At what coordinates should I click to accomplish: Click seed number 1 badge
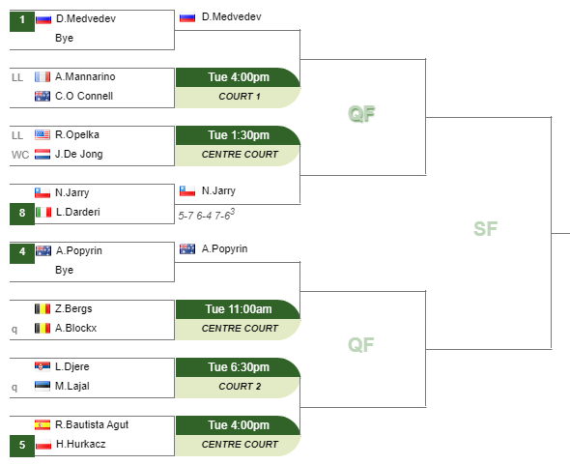[x=22, y=21]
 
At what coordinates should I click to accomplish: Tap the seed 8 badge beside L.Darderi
[x=22, y=215]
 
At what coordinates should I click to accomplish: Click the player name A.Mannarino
[x=85, y=76]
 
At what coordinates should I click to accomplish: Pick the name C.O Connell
[x=84, y=96]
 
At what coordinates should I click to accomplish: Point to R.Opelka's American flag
[x=43, y=134]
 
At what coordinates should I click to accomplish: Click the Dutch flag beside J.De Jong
[x=43, y=155]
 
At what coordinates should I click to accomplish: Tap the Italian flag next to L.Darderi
[x=43, y=212]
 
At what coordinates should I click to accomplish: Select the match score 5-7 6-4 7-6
[x=207, y=215]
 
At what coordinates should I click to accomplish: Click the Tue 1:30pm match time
[x=239, y=135]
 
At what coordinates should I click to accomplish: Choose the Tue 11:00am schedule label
[x=239, y=309]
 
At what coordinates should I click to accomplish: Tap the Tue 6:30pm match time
[x=239, y=367]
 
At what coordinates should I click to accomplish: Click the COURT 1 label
[x=240, y=97]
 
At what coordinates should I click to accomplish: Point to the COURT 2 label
[x=240, y=387]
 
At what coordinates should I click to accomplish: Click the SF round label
[x=485, y=229]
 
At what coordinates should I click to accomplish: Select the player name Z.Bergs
[x=73, y=309]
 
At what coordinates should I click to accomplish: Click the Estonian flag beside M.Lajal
[x=43, y=386]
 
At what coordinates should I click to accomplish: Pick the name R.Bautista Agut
[x=92, y=425]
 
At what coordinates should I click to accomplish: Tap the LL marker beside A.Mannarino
[x=17, y=77]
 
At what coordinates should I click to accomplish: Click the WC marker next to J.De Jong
[x=20, y=155]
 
